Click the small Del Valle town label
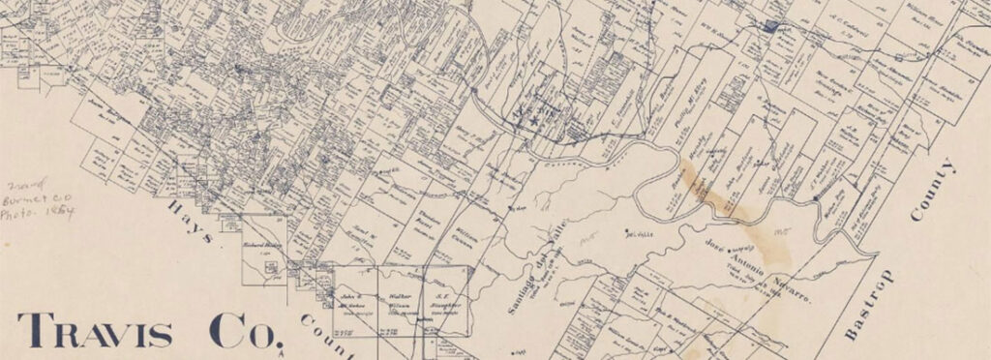pyautogui.click(x=636, y=235)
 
